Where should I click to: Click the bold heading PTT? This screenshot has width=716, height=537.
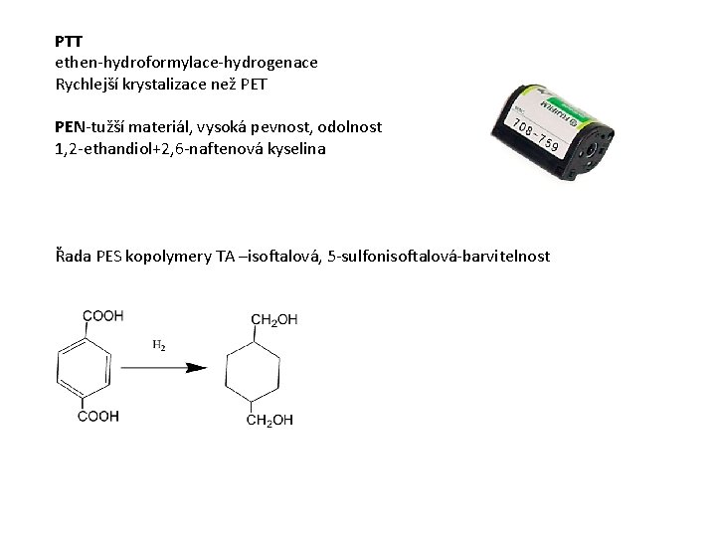tap(69, 43)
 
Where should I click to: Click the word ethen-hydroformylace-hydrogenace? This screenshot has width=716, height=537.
tap(187, 63)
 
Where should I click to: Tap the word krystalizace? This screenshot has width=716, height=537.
tap(173, 83)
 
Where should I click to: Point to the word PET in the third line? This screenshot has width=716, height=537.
tap(255, 83)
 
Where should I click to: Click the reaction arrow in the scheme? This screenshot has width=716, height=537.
tap(164, 367)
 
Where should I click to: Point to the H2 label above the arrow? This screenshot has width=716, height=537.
tap(158, 346)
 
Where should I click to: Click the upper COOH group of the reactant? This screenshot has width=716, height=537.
tap(101, 315)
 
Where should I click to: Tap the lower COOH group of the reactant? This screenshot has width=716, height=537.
tap(99, 416)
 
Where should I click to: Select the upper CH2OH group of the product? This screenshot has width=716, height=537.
tap(273, 318)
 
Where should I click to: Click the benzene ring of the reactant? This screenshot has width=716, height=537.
tap(78, 366)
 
